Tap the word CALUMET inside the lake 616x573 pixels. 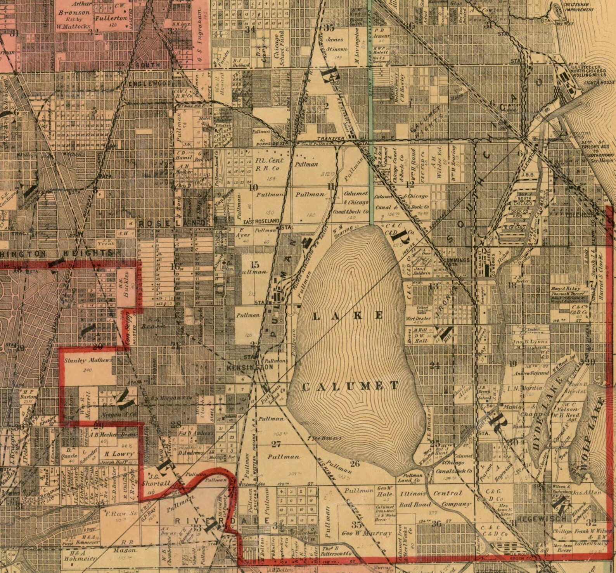[x=350, y=386]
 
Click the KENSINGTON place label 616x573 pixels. [x=250, y=367]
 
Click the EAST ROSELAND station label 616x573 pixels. [x=261, y=221]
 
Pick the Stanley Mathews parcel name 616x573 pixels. [x=88, y=360]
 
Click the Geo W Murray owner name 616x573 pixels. [x=366, y=533]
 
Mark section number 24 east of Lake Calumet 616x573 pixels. [x=435, y=365]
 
